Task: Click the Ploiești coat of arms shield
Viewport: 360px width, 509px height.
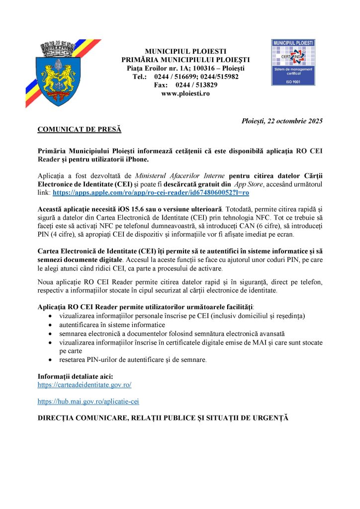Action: tap(58, 80)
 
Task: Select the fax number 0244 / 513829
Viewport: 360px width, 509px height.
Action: tap(197, 85)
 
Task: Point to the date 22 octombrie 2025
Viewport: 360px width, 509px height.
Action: tap(282, 121)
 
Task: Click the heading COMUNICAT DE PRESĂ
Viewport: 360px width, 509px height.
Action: tap(80, 130)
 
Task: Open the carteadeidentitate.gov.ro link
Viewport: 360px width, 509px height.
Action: tap(85, 385)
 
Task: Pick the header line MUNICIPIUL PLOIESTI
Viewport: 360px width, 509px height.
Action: tap(185, 51)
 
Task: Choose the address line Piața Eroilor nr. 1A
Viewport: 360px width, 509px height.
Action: tap(185, 68)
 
